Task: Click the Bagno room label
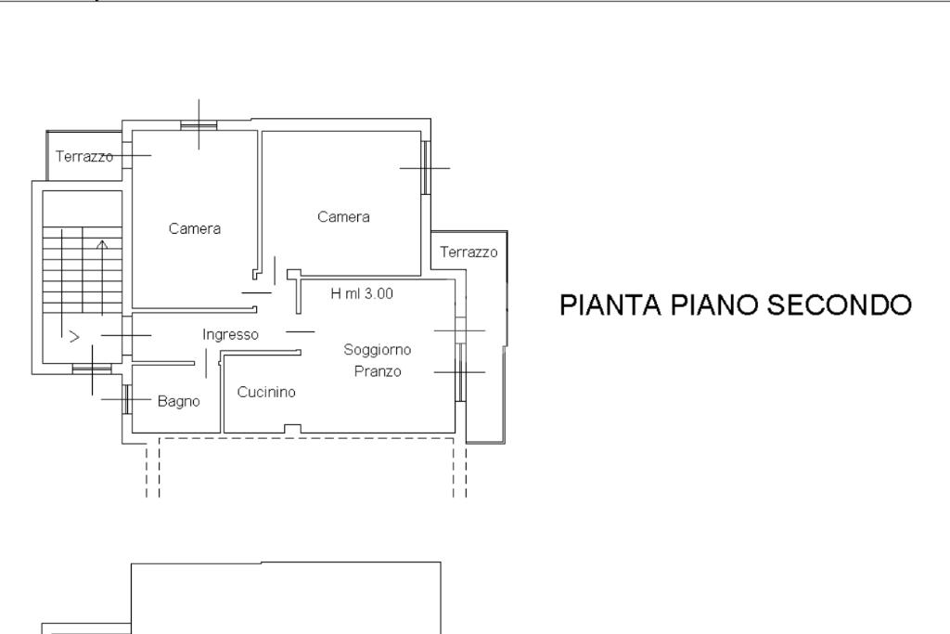[178, 402]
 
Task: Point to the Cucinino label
[266, 393]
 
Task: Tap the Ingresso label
[230, 335]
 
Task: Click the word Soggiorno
[377, 350]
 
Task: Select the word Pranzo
[378, 371]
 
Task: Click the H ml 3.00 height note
[362, 293]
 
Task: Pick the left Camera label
[195, 228]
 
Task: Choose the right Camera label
[343, 217]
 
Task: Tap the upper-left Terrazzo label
[83, 156]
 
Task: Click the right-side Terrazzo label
[469, 252]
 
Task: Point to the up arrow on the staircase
[102, 246]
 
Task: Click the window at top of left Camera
[199, 124]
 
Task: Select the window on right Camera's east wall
[426, 167]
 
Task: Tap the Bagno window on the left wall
[125, 399]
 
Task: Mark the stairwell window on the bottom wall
[92, 369]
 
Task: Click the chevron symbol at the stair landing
[75, 337]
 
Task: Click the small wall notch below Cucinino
[292, 428]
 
